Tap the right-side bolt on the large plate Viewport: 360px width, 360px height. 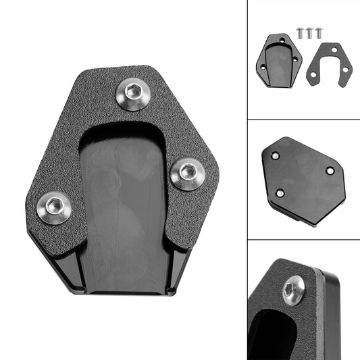click(185, 174)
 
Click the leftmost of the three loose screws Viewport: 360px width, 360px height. click(300, 32)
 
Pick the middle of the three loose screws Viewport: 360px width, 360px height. click(309, 32)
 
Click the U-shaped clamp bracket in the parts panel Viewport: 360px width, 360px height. click(329, 63)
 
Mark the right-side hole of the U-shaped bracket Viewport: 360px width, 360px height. click(345, 70)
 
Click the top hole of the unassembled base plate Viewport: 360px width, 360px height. click(282, 41)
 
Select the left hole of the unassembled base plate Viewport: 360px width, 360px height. click(263, 67)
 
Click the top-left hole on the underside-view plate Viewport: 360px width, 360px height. click(275, 155)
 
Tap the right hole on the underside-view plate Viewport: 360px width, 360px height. click(330, 171)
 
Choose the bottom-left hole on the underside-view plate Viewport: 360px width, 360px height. click(280, 193)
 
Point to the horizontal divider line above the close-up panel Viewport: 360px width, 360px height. click(303, 240)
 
